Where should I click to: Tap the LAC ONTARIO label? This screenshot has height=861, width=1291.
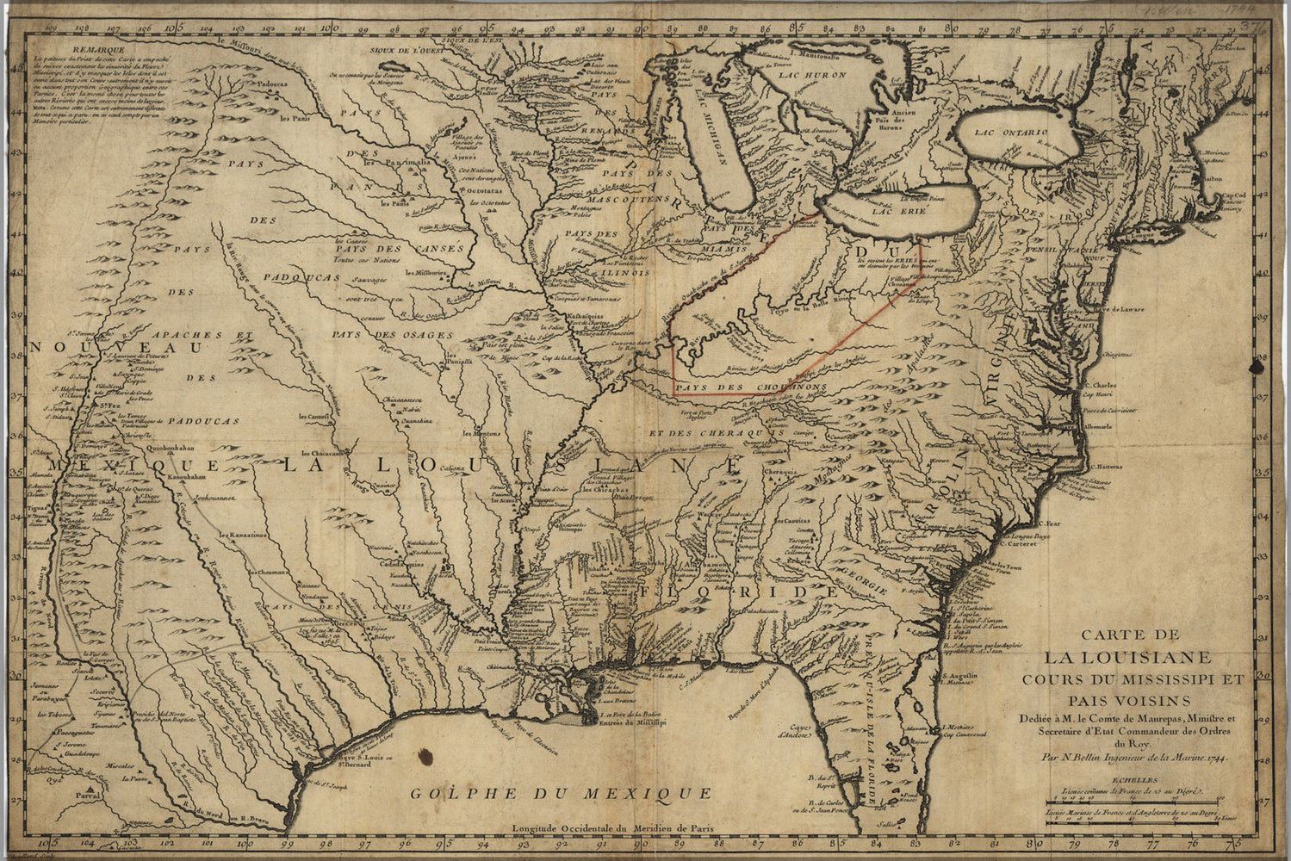[1011, 133]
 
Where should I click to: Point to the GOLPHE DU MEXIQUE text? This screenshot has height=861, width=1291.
[560, 793]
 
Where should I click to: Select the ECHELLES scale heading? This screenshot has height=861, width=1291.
[1134, 781]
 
